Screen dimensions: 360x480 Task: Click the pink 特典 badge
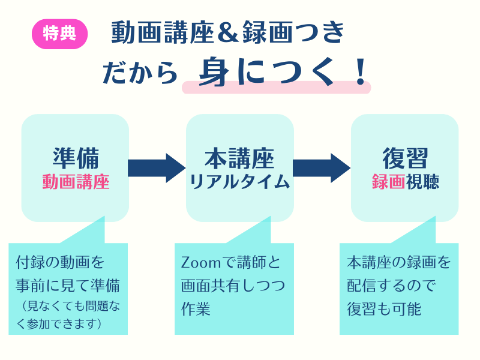(x=59, y=34)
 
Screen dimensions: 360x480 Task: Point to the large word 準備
(x=76, y=158)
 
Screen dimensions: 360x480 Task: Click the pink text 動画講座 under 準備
(x=76, y=182)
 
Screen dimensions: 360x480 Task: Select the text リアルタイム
(x=239, y=182)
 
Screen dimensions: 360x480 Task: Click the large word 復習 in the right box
(x=405, y=158)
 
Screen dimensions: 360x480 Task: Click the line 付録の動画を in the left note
(x=60, y=263)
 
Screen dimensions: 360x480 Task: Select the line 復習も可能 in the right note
(x=384, y=309)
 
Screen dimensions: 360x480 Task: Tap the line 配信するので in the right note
(x=391, y=286)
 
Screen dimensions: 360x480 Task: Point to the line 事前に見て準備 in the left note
(x=67, y=284)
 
